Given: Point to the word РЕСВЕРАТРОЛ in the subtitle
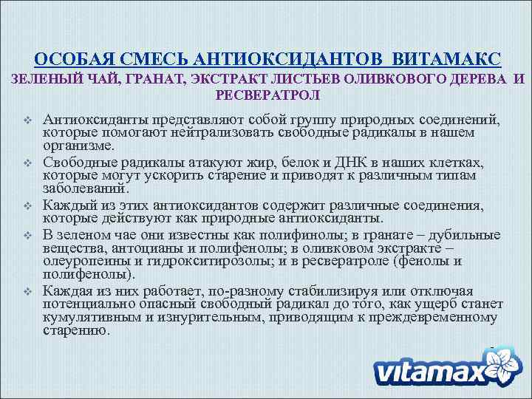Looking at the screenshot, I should click(267, 95).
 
